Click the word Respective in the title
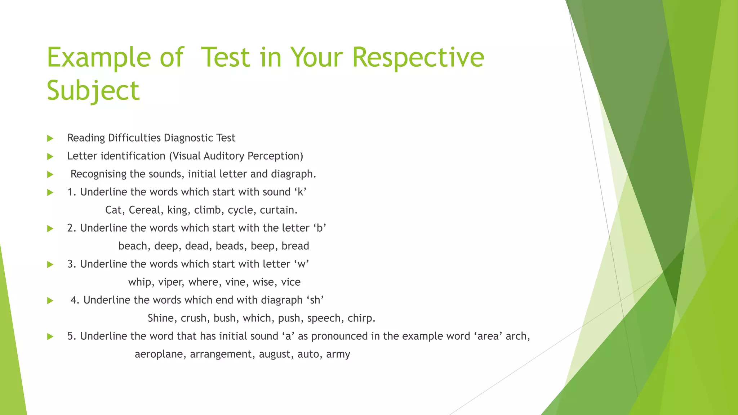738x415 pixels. [418, 58]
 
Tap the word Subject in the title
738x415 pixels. [93, 91]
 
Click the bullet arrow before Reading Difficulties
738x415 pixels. [50, 138]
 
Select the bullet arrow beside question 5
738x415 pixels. [50, 336]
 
